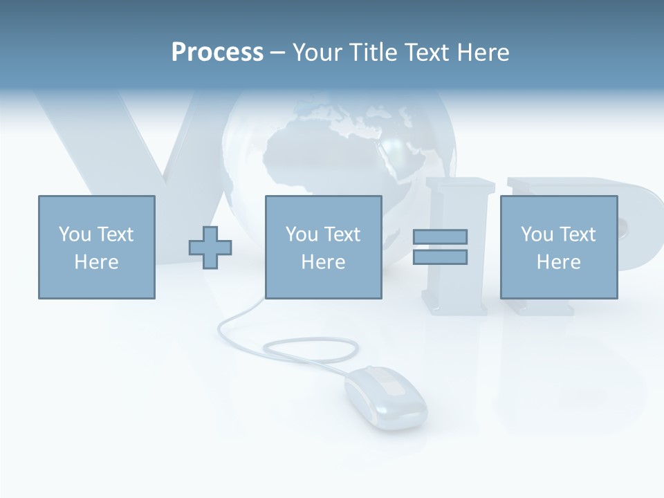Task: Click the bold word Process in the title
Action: coord(217,53)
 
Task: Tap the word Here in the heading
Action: coord(483,53)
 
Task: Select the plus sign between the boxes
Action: coord(210,247)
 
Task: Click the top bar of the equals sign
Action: coord(440,237)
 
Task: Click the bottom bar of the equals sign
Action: coord(440,257)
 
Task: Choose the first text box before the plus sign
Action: coord(96,247)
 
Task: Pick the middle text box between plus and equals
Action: coord(323,247)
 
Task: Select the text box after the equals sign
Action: coord(558,247)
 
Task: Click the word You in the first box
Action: coord(75,234)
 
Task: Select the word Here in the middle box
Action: coord(323,262)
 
